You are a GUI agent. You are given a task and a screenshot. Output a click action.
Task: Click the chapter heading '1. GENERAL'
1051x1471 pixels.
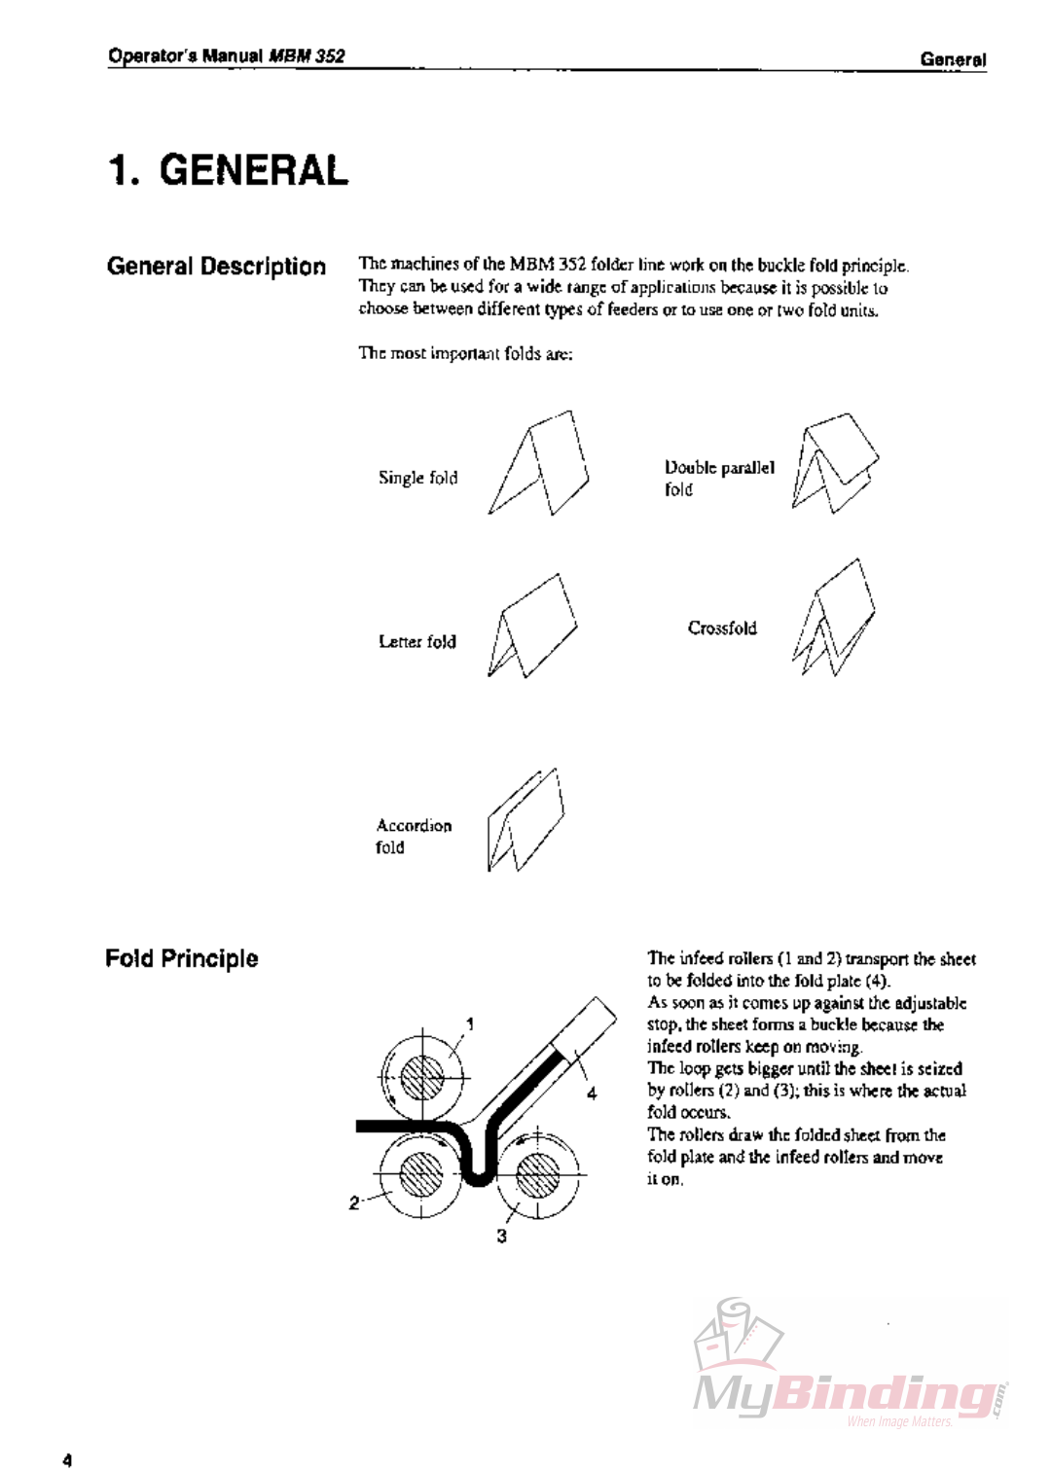228,170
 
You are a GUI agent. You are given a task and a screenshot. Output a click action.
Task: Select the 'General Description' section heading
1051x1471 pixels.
216,267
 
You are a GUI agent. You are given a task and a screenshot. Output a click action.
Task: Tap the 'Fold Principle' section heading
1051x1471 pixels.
181,958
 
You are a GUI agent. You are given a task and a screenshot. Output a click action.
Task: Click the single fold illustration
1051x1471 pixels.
539,464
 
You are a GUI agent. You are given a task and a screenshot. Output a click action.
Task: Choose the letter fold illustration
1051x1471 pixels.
530,628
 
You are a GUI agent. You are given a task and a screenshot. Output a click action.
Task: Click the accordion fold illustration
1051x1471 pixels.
525,820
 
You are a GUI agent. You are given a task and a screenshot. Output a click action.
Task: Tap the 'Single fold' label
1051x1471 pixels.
417,478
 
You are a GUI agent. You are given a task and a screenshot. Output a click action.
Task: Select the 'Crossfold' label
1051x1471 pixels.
722,628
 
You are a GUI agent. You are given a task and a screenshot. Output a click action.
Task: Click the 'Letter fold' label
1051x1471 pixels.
417,642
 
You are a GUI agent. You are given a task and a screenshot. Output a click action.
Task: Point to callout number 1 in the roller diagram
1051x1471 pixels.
470,1023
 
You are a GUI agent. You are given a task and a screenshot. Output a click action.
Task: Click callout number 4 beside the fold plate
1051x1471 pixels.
591,1094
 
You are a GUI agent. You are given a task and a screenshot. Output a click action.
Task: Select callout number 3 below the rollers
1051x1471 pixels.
501,1237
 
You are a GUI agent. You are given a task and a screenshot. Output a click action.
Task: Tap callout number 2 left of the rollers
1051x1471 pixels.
354,1203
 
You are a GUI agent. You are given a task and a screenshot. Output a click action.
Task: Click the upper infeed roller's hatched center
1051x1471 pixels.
422,1077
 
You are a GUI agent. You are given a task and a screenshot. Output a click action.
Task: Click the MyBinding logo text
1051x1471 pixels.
845,1395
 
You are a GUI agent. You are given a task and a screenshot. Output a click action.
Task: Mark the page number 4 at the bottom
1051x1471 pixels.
66,1459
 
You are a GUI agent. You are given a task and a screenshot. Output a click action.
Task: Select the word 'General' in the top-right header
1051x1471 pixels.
953,60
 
